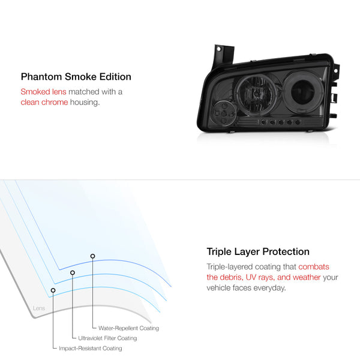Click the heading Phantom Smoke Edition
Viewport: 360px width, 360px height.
click(76, 77)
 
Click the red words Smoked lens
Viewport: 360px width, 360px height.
click(44, 92)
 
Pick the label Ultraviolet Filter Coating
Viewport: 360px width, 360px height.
click(107, 338)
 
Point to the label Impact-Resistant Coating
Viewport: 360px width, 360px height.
click(90, 349)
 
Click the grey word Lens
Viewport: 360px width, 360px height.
click(39, 309)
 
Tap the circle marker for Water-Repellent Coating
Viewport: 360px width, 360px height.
click(92, 256)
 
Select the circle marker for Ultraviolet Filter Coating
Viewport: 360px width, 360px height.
click(73, 272)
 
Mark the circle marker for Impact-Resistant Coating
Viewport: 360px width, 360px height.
click(53, 290)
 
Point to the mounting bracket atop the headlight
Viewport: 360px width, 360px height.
click(223, 53)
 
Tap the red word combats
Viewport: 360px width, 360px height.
click(314, 266)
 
